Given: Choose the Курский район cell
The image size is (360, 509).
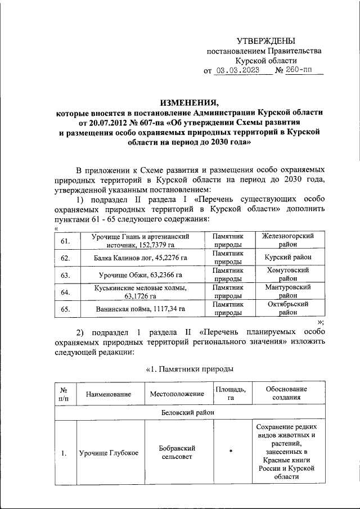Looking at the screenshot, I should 287,258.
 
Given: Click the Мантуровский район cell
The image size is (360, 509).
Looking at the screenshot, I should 287,291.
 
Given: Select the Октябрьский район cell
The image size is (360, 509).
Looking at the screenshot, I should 287,309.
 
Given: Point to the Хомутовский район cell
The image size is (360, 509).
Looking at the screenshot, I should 287,274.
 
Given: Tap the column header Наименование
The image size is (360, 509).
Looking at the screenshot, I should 108,395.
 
